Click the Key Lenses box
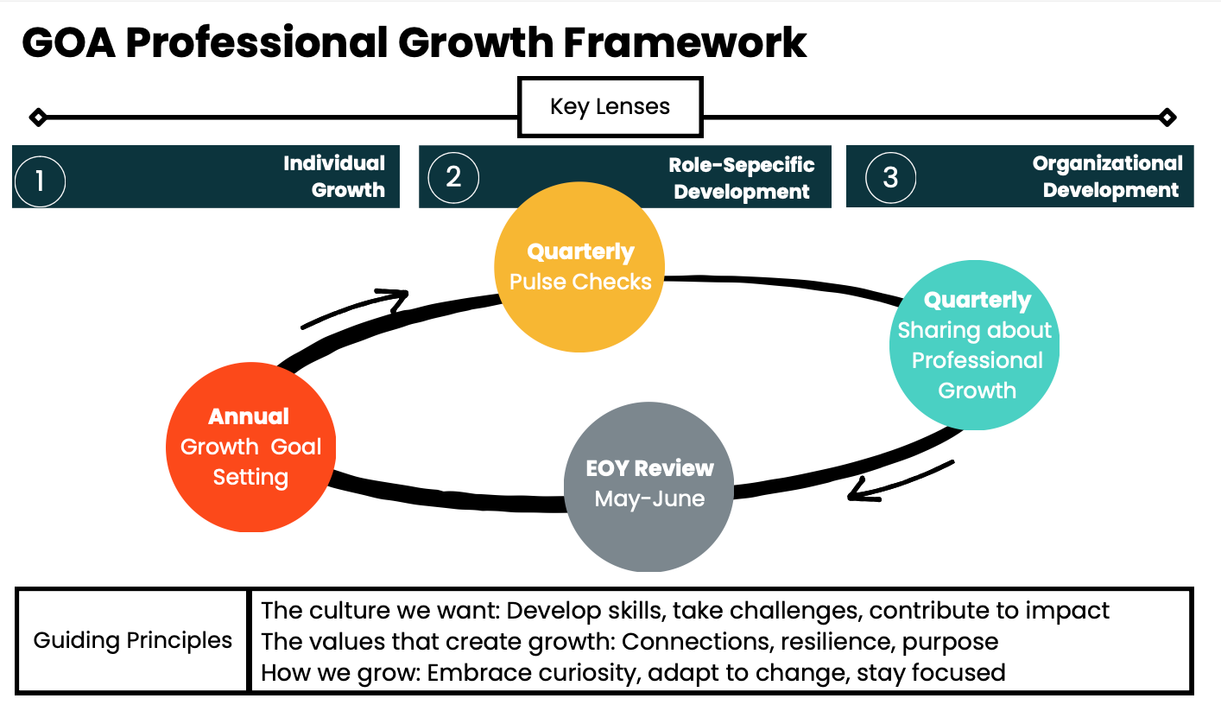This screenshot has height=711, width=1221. click(x=610, y=107)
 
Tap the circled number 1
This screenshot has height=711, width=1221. click(x=40, y=181)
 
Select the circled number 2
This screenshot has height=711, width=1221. click(x=453, y=177)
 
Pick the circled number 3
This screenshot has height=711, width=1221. click(x=890, y=177)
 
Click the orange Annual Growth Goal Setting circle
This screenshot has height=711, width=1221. click(x=250, y=447)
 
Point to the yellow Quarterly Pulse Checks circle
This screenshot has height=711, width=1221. click(x=579, y=267)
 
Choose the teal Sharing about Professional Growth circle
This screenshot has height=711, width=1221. click(x=975, y=346)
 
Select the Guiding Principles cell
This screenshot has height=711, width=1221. click(x=133, y=640)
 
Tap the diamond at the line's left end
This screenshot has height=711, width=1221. click(x=37, y=117)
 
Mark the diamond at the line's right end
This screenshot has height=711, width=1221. click(x=1167, y=117)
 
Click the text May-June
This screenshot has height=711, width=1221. click(x=649, y=498)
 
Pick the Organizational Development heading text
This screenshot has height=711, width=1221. click(x=1109, y=176)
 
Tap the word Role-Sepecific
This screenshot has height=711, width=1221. click(x=742, y=164)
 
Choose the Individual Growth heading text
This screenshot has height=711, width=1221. click(x=334, y=176)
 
